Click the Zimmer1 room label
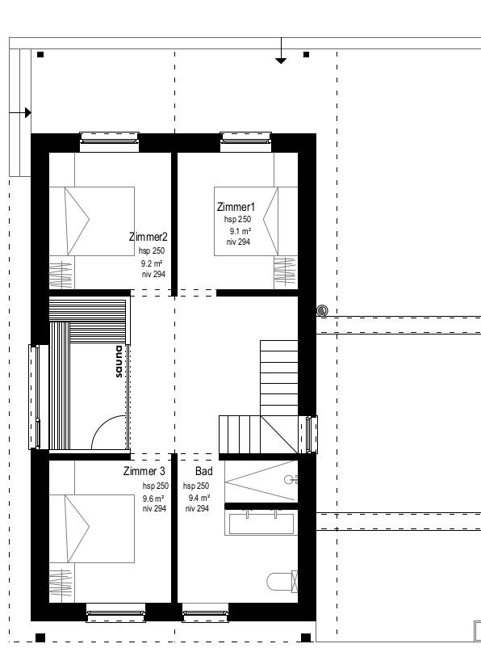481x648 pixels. coord(236,207)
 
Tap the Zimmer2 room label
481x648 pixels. coord(148,237)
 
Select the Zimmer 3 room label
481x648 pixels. coord(144,471)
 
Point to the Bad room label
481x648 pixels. coord(204,471)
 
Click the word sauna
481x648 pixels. coord(119,362)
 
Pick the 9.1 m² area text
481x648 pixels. coord(240,231)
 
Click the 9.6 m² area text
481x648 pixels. coord(153,499)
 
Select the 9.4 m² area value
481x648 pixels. coord(199,498)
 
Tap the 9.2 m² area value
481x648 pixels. coord(152,263)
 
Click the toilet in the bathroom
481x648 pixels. coord(282,582)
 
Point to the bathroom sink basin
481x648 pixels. coord(261,524)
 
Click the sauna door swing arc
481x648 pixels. coord(101,425)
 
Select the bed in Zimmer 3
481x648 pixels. coord(92,528)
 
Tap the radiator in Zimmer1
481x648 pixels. coord(286,271)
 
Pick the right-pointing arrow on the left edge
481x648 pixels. coord(20,112)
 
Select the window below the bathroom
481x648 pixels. coord(205,612)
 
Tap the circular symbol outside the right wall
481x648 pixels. coord(323,310)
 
